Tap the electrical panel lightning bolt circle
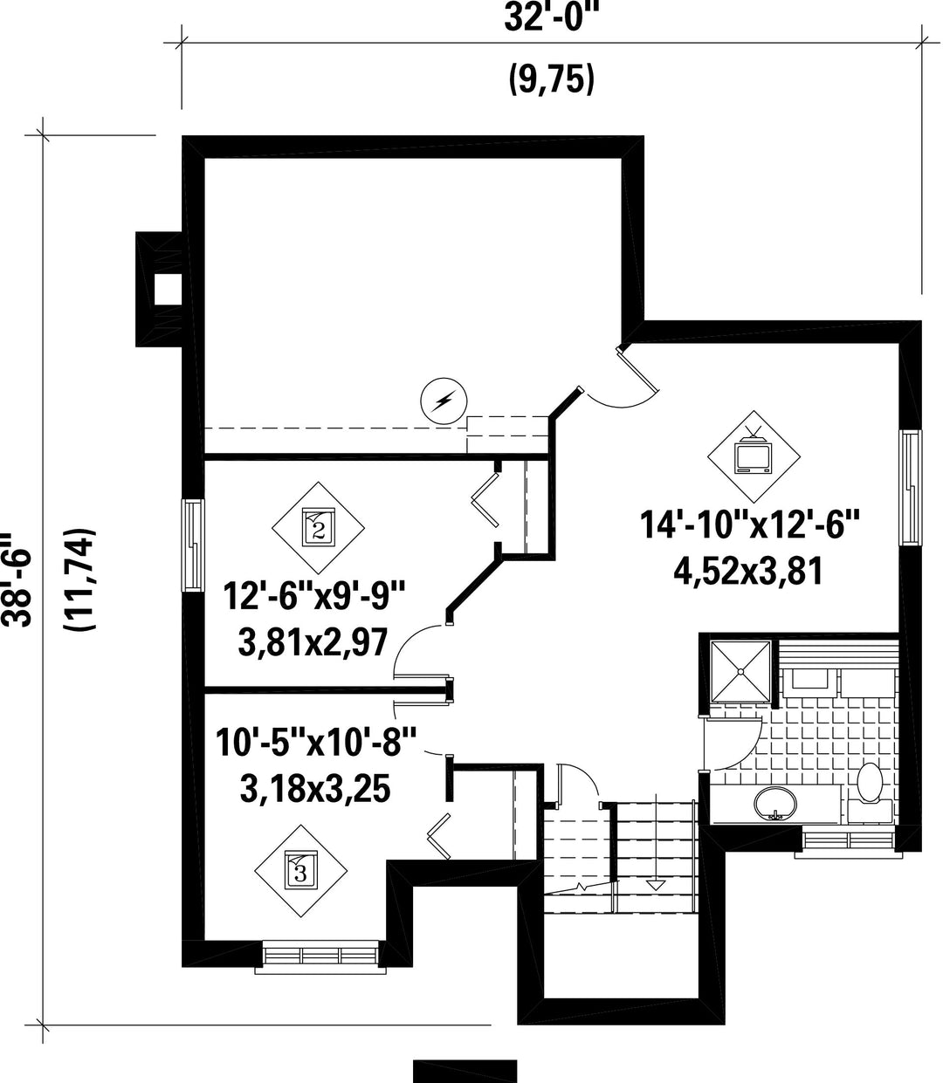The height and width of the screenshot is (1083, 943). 444,401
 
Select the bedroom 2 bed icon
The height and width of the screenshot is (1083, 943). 318,527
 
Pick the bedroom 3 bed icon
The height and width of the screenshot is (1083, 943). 300,871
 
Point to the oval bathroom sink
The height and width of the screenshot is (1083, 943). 774,805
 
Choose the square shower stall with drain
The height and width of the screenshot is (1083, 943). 740,671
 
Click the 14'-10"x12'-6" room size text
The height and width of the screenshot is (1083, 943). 748,524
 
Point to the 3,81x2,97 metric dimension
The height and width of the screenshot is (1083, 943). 313,642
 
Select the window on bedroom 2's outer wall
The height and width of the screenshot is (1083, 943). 193,545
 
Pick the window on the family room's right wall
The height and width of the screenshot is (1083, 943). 911,486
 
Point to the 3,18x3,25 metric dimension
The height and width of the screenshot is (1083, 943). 315,788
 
